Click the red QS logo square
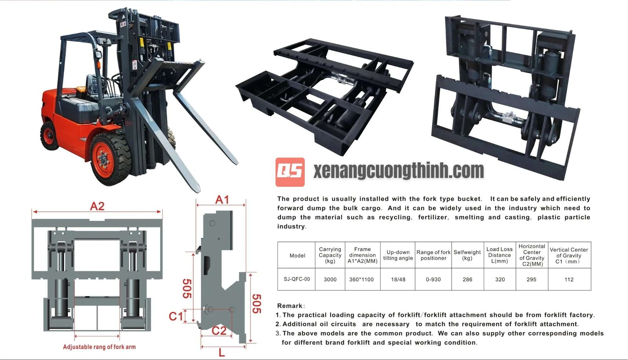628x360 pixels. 290,172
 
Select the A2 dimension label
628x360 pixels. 97,206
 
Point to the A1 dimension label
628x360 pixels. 222,200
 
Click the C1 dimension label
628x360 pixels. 175,316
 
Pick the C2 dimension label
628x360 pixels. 219,331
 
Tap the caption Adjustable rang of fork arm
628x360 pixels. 99,347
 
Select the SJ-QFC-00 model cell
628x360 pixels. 297,279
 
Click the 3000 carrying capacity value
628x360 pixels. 330,280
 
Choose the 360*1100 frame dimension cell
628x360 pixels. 361,280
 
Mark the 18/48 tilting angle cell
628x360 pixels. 398,280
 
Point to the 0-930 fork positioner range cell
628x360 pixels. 433,280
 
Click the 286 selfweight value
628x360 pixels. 467,280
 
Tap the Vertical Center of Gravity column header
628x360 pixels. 569,255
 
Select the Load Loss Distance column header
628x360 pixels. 499,255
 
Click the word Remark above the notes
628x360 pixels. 290,306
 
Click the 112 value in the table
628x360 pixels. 569,280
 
